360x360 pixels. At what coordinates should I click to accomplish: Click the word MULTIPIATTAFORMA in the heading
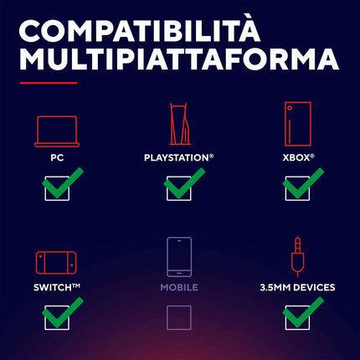tap(179, 59)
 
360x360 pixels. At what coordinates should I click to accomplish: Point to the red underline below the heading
tap(49, 83)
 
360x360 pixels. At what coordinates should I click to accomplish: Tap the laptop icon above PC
tap(57, 131)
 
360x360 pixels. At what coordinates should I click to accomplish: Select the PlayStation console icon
tap(180, 124)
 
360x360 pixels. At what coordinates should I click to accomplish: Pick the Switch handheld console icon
tap(56, 263)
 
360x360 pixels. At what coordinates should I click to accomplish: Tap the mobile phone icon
tap(179, 257)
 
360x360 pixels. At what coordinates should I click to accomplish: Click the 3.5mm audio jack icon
tap(297, 257)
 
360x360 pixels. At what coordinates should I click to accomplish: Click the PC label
tap(57, 158)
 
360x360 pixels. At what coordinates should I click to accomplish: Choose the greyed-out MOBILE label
tap(179, 287)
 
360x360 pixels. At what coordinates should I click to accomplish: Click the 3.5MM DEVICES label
tap(297, 287)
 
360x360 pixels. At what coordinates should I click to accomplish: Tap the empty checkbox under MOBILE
tap(179, 317)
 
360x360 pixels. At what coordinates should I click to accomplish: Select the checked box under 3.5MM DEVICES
tap(297, 317)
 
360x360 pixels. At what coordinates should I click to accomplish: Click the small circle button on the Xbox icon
tap(290, 108)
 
